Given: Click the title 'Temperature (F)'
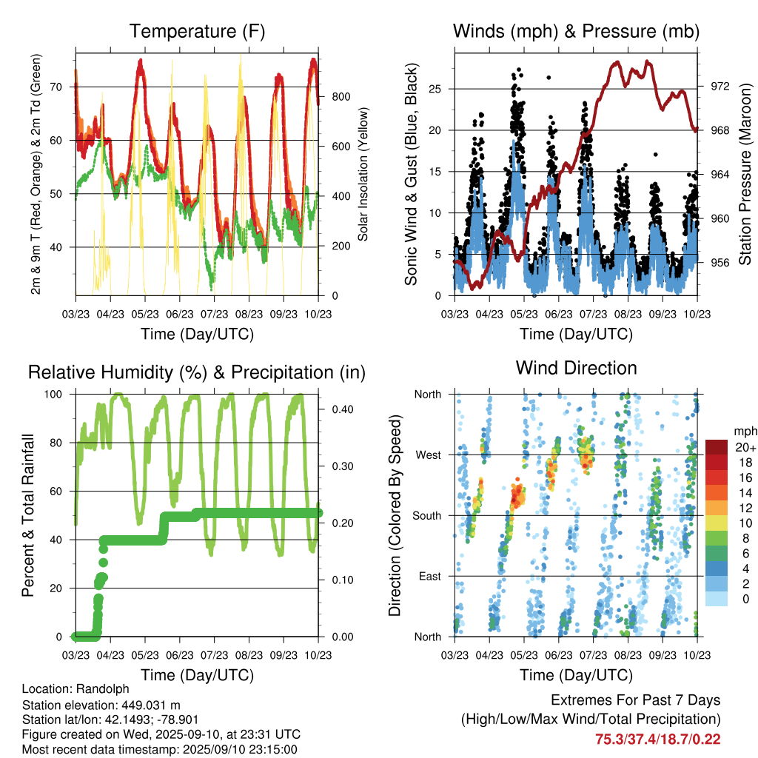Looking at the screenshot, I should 197,31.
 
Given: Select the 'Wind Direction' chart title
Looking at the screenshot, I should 576,368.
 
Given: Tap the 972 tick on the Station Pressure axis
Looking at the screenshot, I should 720,87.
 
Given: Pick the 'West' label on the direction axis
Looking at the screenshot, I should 429,455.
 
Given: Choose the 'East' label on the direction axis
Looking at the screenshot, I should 429,576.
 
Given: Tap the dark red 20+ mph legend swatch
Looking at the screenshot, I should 717,447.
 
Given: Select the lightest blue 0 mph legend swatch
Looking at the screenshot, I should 717,598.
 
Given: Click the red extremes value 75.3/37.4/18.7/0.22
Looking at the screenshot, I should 657,739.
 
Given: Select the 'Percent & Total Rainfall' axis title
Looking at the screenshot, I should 28,516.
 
